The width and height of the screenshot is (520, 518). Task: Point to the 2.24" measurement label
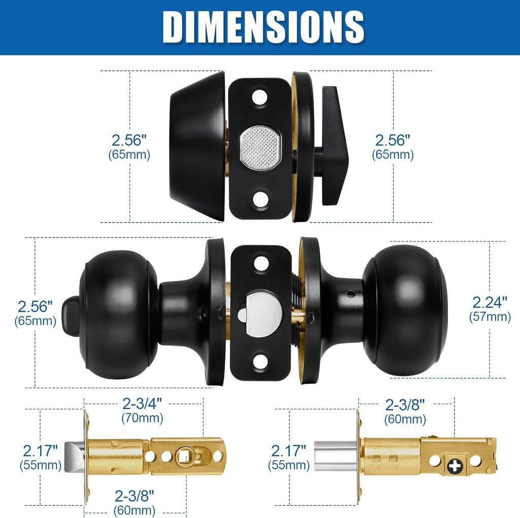(x=490, y=302)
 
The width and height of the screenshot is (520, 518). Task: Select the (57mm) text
(x=490, y=317)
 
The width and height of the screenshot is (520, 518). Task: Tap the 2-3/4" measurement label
(x=142, y=404)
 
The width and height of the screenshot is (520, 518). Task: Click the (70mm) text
(x=142, y=418)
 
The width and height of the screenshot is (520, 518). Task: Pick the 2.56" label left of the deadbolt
(x=129, y=140)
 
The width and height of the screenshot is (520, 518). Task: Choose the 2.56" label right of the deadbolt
(x=393, y=140)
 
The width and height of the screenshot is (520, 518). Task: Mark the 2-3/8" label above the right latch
(x=405, y=405)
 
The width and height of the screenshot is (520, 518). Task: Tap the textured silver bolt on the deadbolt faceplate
(x=260, y=148)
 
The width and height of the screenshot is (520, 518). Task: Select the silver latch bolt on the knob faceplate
(x=260, y=313)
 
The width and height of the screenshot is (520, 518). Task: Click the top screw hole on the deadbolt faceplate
(x=260, y=97)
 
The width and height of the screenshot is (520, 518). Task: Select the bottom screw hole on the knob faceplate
(x=261, y=362)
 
